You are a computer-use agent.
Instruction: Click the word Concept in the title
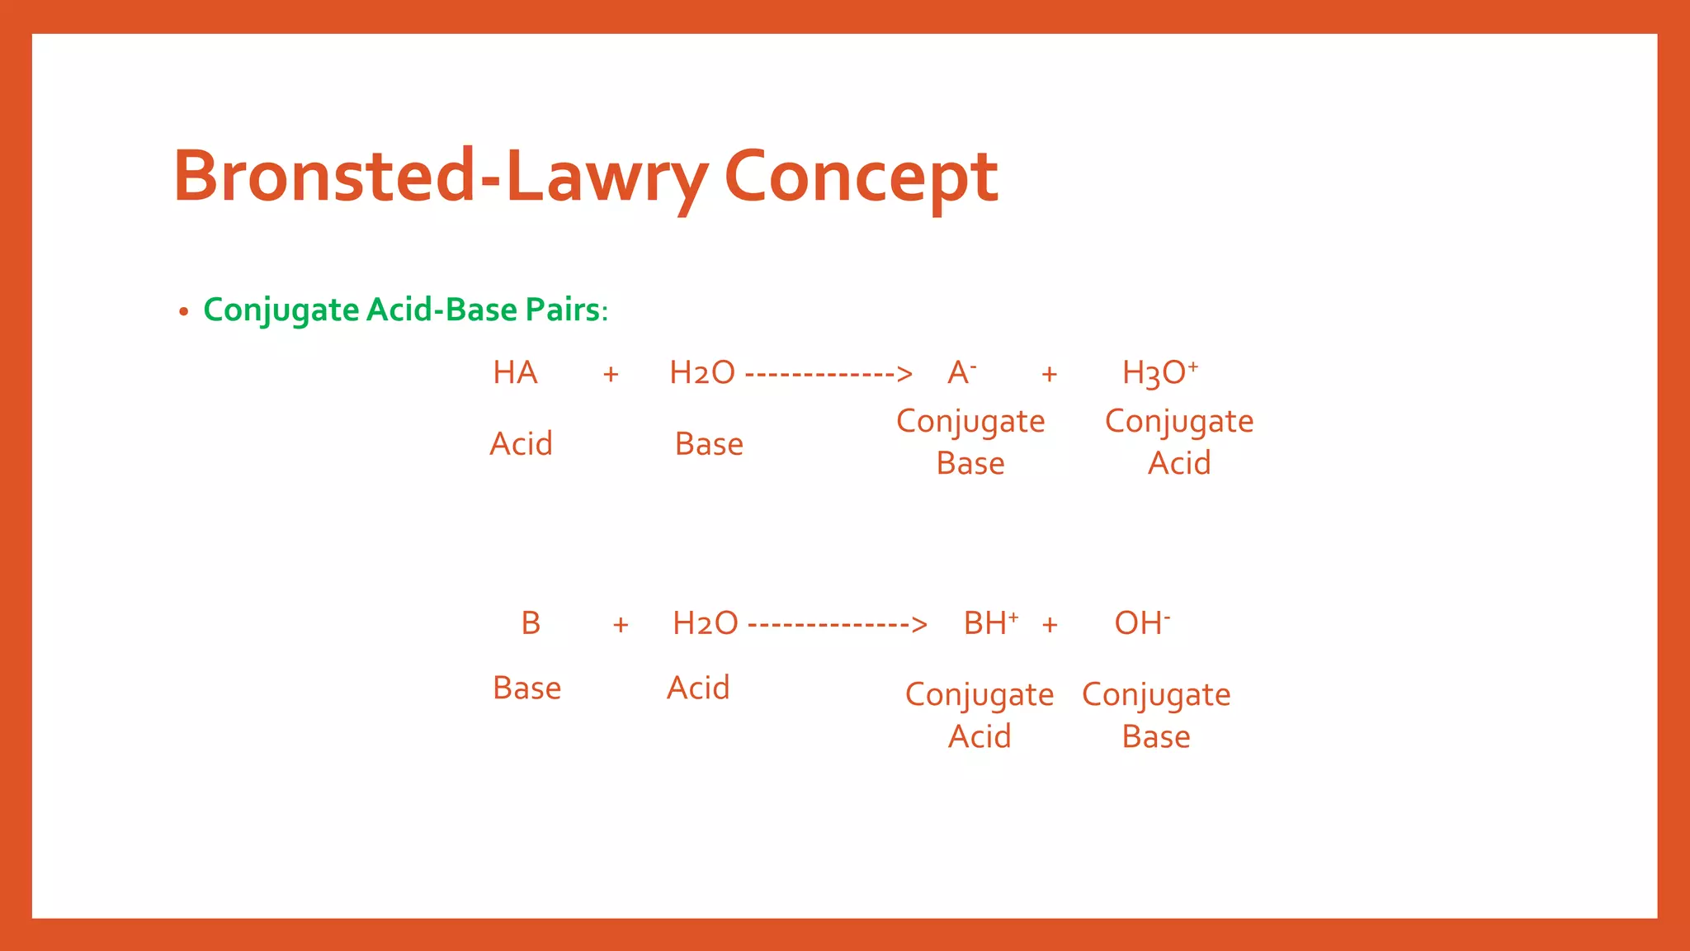(861, 177)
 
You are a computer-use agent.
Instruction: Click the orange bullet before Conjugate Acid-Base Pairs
(183, 312)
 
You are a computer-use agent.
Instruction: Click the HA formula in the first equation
(515, 373)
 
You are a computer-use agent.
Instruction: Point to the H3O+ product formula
(1159, 373)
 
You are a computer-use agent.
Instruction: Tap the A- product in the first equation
(961, 373)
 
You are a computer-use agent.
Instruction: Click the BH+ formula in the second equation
(990, 623)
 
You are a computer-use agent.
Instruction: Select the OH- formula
(1142, 623)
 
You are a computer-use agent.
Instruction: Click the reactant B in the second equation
(531, 623)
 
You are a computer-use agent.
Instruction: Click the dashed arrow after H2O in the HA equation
(828, 375)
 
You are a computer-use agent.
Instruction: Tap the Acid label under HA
(521, 444)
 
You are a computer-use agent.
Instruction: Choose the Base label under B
(526, 688)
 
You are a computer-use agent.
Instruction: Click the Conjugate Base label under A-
(970, 442)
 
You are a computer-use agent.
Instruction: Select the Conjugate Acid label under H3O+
(1179, 442)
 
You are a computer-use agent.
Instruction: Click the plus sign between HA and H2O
(611, 375)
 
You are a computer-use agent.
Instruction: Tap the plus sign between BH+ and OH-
(1050, 625)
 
